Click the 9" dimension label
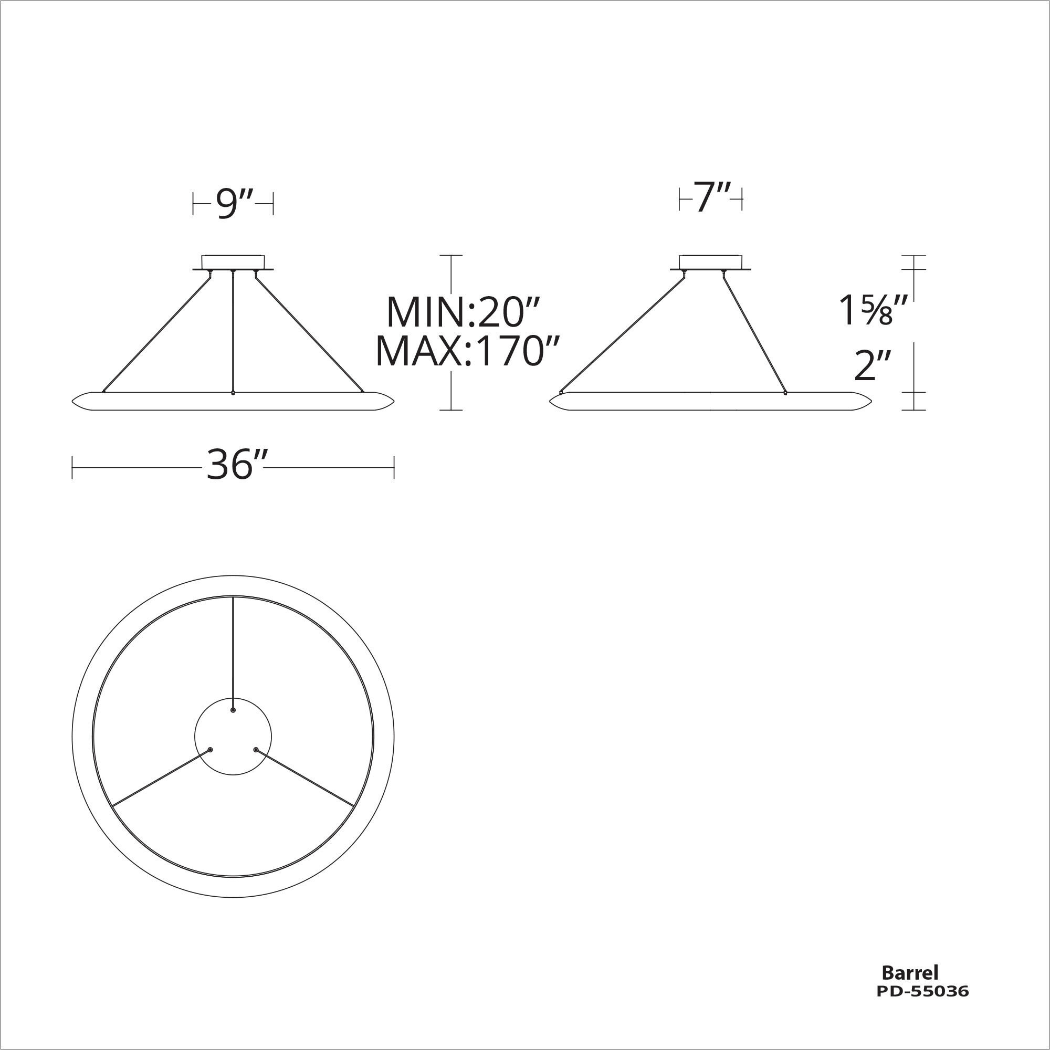[233, 205]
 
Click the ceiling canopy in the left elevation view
[233, 262]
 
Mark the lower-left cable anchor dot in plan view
[211, 750]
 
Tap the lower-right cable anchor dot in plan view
[256, 750]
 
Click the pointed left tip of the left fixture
[73, 402]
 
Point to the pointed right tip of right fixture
[871, 402]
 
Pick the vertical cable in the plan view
[233, 652]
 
